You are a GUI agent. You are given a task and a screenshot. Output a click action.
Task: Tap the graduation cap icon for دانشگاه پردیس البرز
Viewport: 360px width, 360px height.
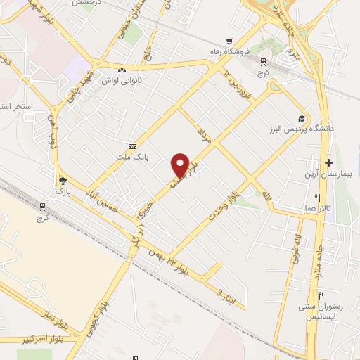[x=302, y=118]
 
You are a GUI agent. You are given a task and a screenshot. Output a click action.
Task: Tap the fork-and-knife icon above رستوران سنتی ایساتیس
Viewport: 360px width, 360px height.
[x=321, y=295]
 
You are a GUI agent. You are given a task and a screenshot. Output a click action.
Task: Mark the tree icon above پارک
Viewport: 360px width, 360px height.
[x=63, y=180]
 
